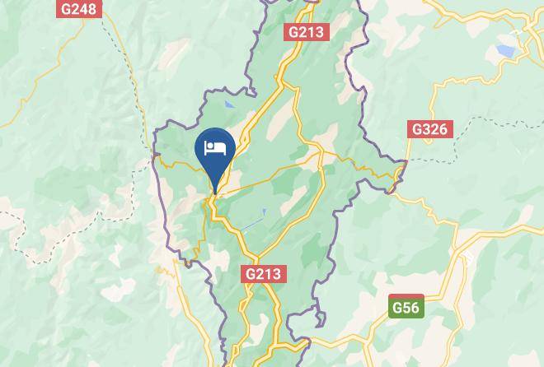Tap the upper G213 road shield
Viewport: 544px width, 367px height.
[307, 32]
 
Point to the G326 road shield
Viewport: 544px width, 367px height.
[429, 129]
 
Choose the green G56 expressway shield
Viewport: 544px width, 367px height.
[406, 308]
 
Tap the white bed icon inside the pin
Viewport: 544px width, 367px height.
[215, 148]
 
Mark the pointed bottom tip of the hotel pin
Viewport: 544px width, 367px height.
[215, 193]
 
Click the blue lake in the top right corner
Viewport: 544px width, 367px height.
[505, 52]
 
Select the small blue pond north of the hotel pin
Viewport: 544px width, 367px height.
[228, 105]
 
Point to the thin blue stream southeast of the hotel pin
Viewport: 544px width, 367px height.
[264, 213]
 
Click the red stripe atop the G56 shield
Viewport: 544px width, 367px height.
[406, 297]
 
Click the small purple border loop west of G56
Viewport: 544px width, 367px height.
[315, 318]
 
